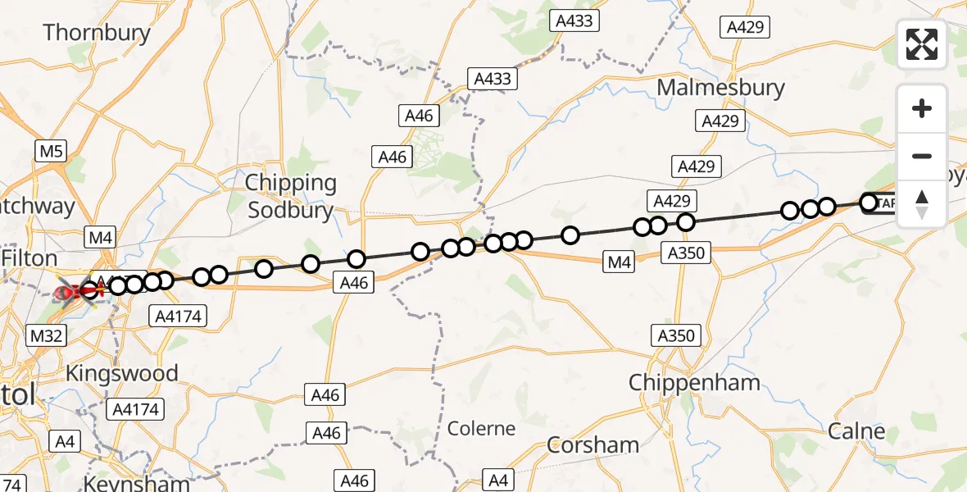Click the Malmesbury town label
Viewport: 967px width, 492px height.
[720, 88]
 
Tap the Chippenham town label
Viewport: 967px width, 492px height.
[694, 382]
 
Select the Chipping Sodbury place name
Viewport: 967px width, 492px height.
[291, 197]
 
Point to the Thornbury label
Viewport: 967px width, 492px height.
[97, 33]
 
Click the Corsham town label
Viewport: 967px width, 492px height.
[592, 445]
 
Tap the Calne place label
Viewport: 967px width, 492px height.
[856, 431]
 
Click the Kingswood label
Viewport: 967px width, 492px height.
[121, 374]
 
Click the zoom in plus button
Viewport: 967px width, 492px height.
[922, 108]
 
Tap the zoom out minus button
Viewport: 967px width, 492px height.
[922, 156]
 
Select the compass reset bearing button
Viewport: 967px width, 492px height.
[922, 203]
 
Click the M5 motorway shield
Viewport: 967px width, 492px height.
[51, 151]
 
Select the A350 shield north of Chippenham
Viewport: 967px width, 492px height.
[676, 335]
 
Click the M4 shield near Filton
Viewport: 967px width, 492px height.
[102, 239]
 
